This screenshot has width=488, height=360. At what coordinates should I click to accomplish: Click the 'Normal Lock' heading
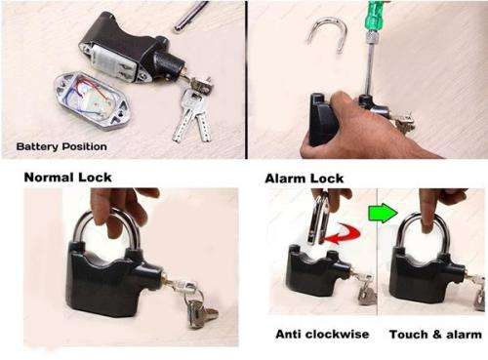tap(67, 178)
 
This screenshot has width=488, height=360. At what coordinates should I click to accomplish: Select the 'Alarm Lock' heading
tap(303, 179)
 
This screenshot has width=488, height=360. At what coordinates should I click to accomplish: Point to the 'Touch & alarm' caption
tap(434, 335)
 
